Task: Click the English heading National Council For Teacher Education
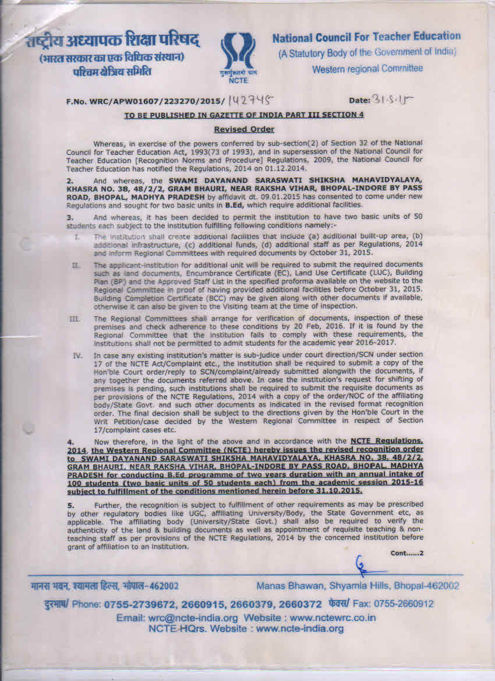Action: click(366, 36)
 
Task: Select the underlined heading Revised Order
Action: click(244, 129)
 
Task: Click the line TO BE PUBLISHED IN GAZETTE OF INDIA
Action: click(244, 115)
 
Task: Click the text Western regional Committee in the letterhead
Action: click(367, 69)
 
